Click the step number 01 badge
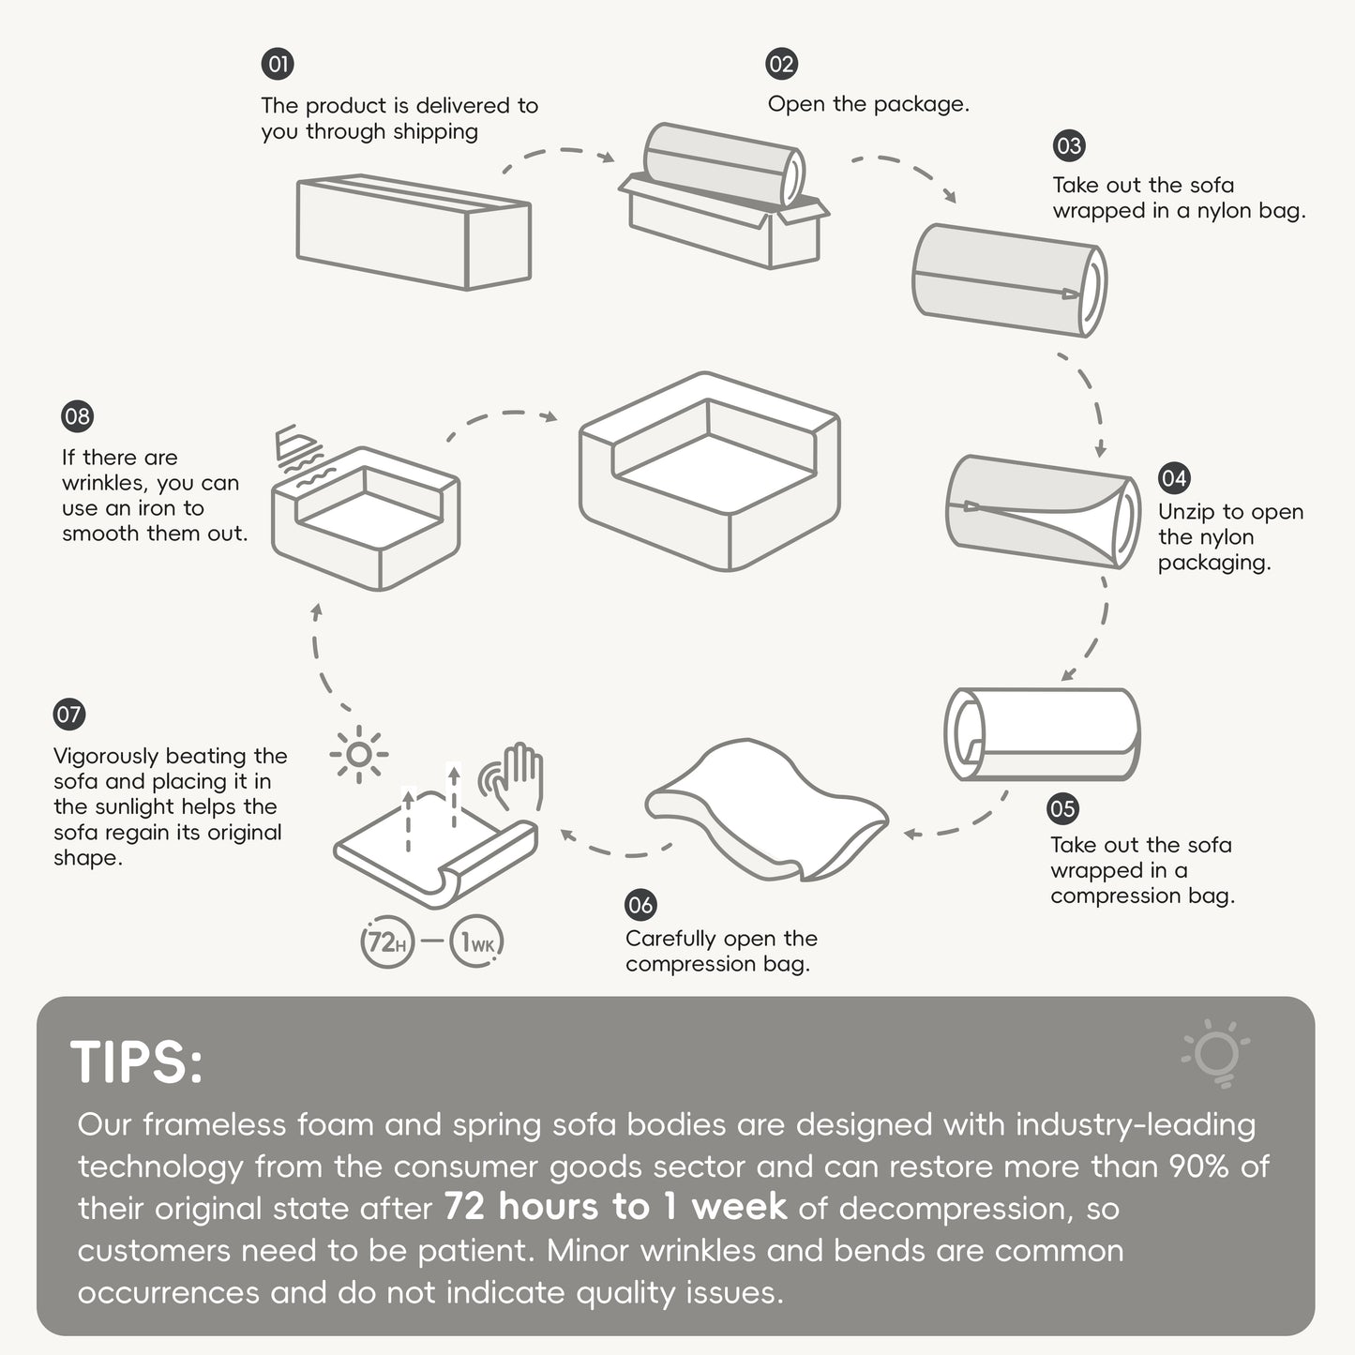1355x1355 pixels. pyautogui.click(x=278, y=64)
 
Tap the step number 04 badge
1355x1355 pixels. pyautogui.click(x=1174, y=478)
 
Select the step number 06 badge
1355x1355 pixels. pyautogui.click(x=640, y=904)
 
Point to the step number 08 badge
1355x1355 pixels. pyautogui.click(x=77, y=416)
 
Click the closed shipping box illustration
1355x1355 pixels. pyautogui.click(x=414, y=232)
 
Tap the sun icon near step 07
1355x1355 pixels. pyautogui.click(x=358, y=755)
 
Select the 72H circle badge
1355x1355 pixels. pyautogui.click(x=387, y=941)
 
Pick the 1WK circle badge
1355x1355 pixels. pyautogui.click(x=476, y=941)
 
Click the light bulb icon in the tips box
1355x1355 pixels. pyautogui.click(x=1216, y=1053)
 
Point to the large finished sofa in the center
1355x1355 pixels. pyautogui.click(x=710, y=471)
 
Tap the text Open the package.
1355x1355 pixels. pyautogui.click(x=868, y=104)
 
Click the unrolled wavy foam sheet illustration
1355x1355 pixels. pyautogui.click(x=766, y=808)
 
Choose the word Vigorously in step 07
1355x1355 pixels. pyautogui.click(x=105, y=756)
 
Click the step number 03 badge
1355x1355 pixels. pyautogui.click(x=1069, y=145)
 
